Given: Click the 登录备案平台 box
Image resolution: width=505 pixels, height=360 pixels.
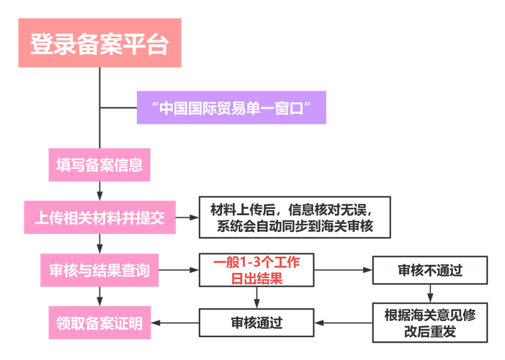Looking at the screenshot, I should (99, 45).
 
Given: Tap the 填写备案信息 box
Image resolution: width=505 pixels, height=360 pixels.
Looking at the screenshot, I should (99, 164).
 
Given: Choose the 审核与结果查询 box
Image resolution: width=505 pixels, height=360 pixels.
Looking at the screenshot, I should (99, 271).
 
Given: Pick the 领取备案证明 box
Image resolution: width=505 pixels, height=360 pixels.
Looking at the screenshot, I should (99, 324).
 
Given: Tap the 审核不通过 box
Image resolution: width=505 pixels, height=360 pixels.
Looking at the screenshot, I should (429, 271).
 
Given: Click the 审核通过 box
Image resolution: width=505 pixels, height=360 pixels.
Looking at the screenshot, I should (256, 323).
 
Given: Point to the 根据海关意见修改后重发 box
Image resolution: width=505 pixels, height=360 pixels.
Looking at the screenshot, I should (429, 323).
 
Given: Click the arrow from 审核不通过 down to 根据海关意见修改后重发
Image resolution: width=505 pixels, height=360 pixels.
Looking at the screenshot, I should (430, 294).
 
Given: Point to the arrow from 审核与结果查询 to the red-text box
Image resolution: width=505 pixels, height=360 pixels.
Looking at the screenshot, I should (178, 271).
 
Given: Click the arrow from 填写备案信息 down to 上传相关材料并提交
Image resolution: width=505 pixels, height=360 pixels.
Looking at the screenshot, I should (99, 191).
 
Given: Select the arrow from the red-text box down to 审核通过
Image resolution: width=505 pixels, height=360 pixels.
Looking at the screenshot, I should (256, 298).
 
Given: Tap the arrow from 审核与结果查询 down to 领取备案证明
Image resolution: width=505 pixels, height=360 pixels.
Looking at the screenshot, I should (99, 297).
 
